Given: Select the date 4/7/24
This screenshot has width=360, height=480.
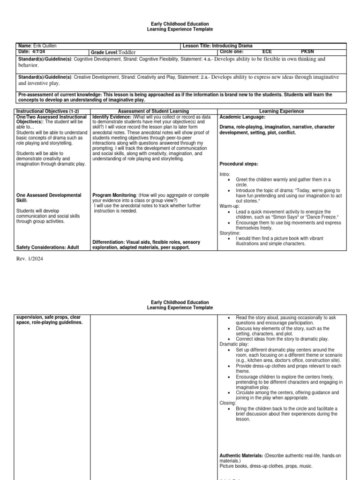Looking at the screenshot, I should [37, 52].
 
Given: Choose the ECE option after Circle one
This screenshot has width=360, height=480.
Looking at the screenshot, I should [267, 52].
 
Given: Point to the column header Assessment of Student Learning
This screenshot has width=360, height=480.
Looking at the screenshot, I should [154, 111].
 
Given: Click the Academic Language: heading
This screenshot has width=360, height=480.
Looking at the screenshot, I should [242, 117].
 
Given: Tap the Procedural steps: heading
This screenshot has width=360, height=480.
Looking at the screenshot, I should [239, 164].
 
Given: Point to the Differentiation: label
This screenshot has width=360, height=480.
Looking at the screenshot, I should [111, 242].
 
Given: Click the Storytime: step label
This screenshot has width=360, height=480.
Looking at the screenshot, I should [230, 232].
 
